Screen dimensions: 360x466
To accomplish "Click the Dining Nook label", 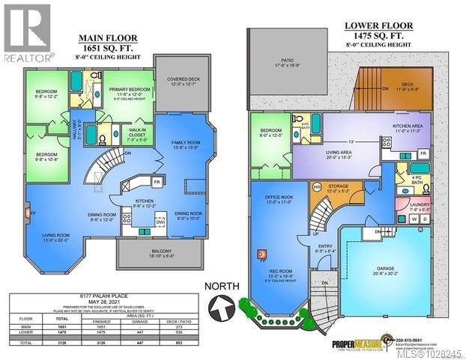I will point(188,214).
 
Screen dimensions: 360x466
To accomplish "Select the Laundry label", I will point(420,207).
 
